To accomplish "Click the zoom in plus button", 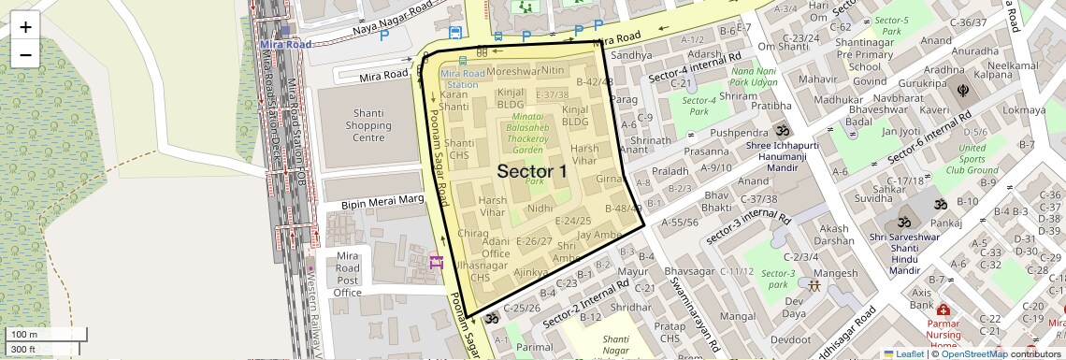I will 25,27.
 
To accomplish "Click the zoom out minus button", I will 25,54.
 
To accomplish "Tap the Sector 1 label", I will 531,171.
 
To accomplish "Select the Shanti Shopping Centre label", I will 354,125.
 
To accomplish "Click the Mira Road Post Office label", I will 347,274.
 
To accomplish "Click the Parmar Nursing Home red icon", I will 943,310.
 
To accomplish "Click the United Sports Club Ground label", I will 972,159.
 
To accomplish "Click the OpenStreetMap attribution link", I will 973,353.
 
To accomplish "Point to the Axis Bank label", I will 921,298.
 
